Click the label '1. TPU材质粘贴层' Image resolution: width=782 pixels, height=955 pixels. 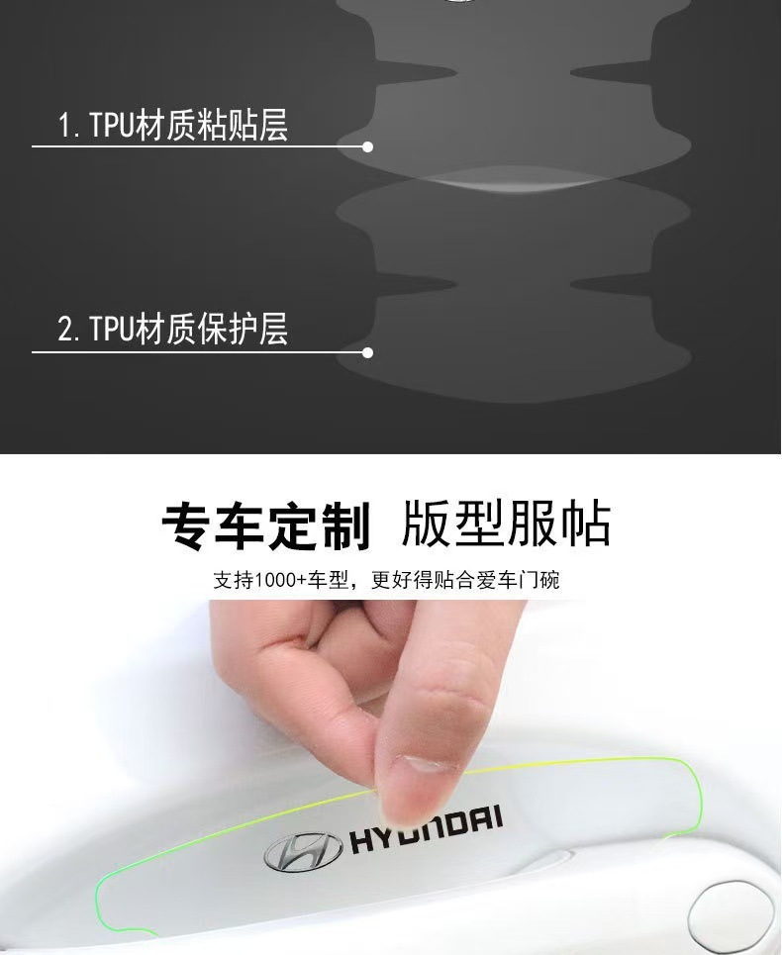(x=173, y=125)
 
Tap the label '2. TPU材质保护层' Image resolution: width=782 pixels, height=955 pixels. (x=173, y=329)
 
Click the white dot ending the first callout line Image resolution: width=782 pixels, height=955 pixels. (x=367, y=146)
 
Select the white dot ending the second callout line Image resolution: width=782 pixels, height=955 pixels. (x=367, y=352)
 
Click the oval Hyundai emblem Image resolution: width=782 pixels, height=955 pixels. (x=303, y=850)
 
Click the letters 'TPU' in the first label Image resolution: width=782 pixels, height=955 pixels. (x=112, y=126)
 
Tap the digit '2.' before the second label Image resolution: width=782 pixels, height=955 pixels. (x=68, y=330)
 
